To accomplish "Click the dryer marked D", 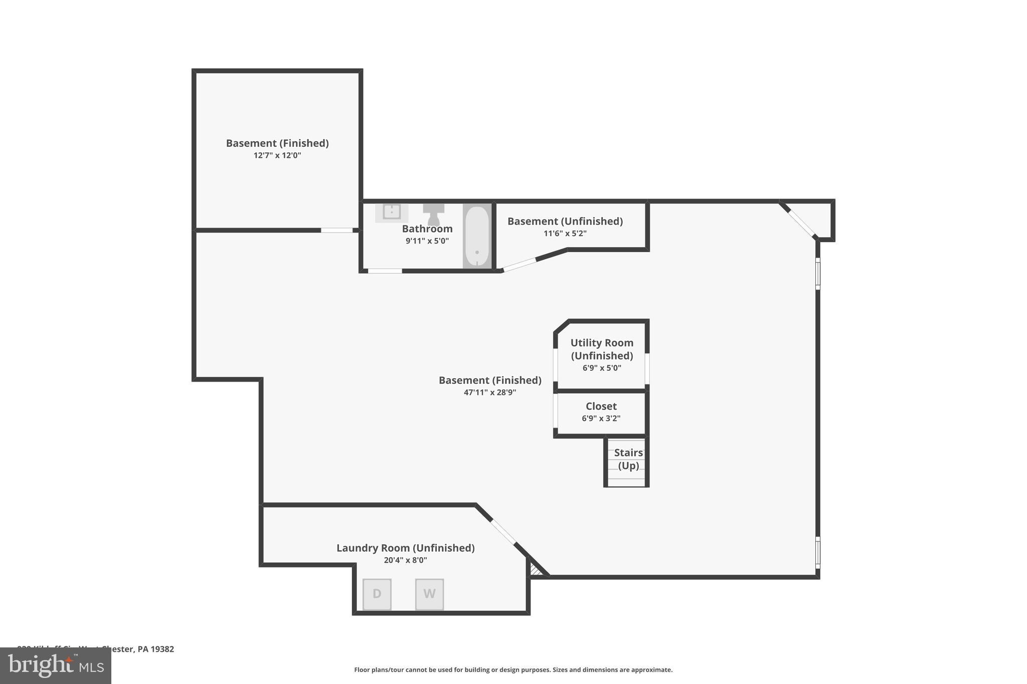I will click(x=377, y=594).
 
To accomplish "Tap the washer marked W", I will click(x=429, y=594).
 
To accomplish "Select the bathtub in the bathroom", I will click(x=476, y=236).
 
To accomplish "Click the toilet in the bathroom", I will click(x=434, y=214).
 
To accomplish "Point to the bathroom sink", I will click(x=392, y=212).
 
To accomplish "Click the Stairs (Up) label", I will click(x=628, y=459).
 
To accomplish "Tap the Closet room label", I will click(x=601, y=406).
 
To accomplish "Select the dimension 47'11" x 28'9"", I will click(x=490, y=392).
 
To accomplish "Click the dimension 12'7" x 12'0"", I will click(x=277, y=155).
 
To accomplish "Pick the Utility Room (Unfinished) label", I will click(x=602, y=349).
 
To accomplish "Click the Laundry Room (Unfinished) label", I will click(x=405, y=548).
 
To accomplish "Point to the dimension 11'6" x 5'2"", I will click(x=565, y=234).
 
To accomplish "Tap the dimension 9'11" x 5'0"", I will click(x=427, y=241).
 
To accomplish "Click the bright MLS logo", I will click(x=56, y=665).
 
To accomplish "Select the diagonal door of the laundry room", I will click(x=503, y=532).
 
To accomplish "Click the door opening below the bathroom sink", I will click(x=385, y=271).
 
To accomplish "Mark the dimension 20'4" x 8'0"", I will click(x=405, y=560).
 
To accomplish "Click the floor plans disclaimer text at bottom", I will click(x=513, y=670).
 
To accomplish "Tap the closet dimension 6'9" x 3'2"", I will click(x=601, y=418).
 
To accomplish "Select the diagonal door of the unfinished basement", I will click(x=520, y=265).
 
